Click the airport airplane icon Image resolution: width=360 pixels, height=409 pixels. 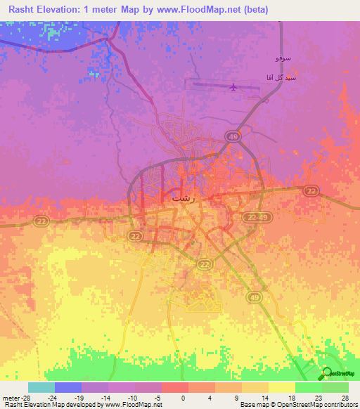[x=233, y=87]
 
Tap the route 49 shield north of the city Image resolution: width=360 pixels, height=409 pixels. [x=233, y=136]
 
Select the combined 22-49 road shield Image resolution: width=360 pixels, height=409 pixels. [x=257, y=219]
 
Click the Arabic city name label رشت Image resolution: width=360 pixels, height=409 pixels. [x=181, y=198]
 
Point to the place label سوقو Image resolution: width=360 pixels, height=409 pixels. [x=282, y=54]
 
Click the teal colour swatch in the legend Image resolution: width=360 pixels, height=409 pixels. [x=41, y=387]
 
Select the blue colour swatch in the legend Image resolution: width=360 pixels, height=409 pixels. [x=67, y=387]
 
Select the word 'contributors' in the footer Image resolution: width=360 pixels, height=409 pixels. [x=340, y=405]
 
